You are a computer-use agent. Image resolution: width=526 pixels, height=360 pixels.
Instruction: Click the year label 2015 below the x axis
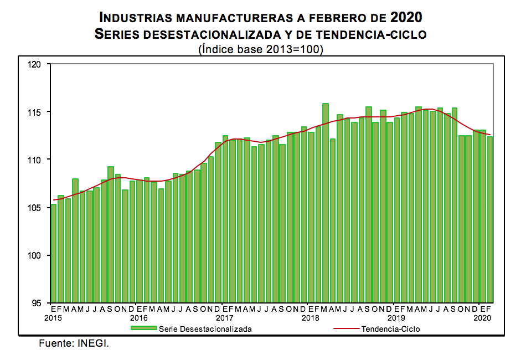(x=54, y=318)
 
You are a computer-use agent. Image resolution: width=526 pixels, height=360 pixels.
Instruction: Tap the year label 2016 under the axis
(x=138, y=318)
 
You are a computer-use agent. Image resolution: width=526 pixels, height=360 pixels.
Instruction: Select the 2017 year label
(x=224, y=318)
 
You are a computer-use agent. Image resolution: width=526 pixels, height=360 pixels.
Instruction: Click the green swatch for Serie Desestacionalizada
(x=144, y=328)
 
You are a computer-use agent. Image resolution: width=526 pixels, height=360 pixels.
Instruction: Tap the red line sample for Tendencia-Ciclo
(x=347, y=328)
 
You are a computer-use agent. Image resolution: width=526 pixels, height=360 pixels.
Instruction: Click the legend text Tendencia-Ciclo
(x=390, y=329)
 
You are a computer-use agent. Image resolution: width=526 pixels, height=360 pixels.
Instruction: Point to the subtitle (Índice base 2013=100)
(x=260, y=49)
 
